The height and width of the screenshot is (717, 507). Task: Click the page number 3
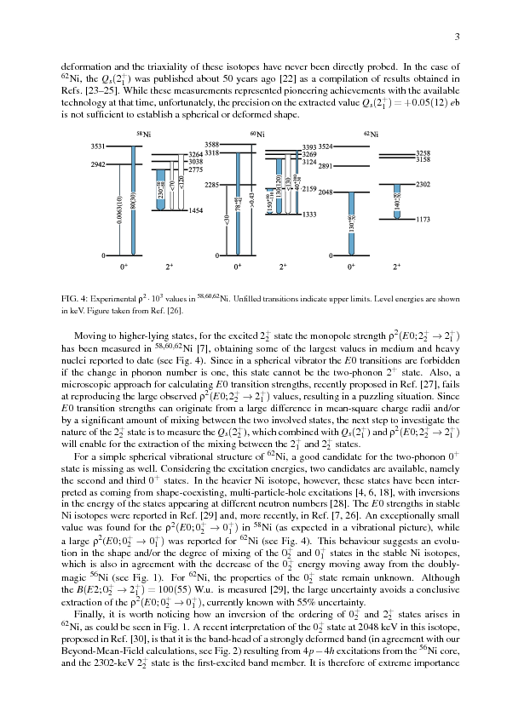458,37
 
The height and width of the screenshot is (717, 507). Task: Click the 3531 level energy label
98,147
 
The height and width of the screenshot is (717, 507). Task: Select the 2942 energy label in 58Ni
98,163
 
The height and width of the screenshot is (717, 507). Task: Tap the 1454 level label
195,209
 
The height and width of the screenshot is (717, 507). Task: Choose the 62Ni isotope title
369,135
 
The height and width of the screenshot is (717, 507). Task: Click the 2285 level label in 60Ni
212,185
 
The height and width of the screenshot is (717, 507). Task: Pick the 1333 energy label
309,215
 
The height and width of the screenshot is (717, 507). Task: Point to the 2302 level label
423,184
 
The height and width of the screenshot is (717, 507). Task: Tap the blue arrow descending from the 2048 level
351,223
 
